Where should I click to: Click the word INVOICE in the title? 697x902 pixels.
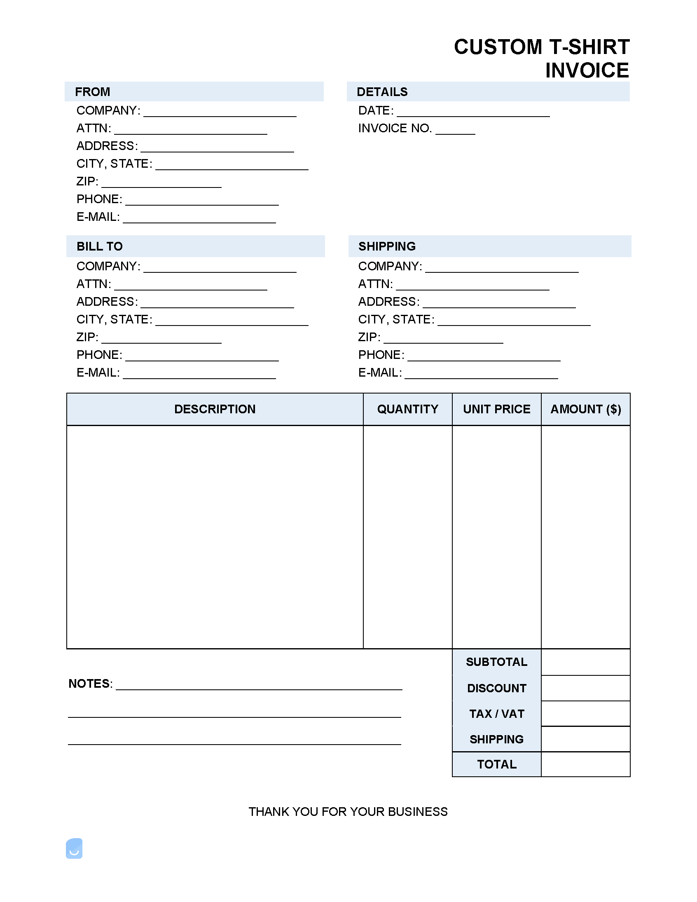tap(587, 70)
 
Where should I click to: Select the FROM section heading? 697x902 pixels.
tap(93, 92)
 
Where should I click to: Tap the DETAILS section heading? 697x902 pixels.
tap(382, 92)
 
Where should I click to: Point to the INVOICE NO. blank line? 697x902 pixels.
tap(455, 131)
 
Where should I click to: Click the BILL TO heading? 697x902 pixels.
tap(100, 246)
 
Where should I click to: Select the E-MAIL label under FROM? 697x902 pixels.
tap(98, 217)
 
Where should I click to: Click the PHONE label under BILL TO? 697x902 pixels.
tap(99, 355)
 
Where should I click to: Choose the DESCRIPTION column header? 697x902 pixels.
tap(215, 409)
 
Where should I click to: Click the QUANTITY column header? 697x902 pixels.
tap(407, 409)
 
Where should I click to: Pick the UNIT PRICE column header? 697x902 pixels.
tap(496, 409)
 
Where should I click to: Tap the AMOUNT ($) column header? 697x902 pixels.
tap(585, 409)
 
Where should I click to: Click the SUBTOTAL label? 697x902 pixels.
tap(496, 662)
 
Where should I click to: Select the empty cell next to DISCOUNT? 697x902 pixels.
tap(585, 688)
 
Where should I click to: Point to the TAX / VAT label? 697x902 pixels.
tap(496, 714)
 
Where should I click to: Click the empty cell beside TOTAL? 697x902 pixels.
tap(585, 764)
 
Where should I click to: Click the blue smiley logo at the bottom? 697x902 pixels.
tap(74, 848)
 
